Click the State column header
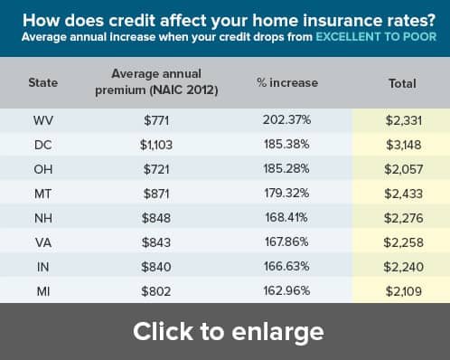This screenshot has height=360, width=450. click(43, 82)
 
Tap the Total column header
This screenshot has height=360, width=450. click(402, 83)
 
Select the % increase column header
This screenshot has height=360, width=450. click(287, 82)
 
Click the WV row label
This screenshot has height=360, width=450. click(43, 120)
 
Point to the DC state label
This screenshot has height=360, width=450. click(43, 145)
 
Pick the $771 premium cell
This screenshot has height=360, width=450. click(156, 120)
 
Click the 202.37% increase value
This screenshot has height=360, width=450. click(286, 119)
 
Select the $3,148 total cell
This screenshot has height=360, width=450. click(404, 145)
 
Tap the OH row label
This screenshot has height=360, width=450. click(43, 169)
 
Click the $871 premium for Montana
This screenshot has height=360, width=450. click(156, 194)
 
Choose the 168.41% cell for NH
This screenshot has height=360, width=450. click(286, 217)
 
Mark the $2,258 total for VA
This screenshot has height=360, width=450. click(404, 242)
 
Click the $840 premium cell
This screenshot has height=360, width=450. click(156, 267)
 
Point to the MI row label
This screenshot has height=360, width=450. click(43, 291)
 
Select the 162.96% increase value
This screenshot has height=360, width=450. click(286, 290)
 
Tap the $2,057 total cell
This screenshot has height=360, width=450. click(404, 169)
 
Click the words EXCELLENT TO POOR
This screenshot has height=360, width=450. click(376, 37)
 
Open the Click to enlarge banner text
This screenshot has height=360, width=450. click(229, 331)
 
